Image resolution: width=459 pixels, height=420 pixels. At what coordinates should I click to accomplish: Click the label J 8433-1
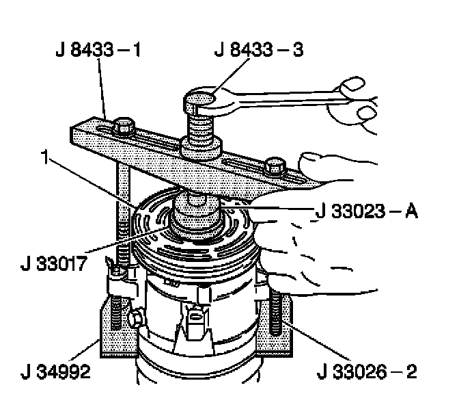click(98, 50)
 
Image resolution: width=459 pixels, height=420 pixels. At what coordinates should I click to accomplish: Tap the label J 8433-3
click(259, 49)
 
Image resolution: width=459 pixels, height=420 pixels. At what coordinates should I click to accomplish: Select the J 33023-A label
click(367, 211)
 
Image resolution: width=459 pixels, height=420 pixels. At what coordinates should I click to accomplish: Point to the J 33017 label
click(54, 263)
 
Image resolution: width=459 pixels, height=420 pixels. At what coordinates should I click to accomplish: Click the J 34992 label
click(55, 371)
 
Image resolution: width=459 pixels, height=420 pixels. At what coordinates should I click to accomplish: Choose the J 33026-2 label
click(367, 371)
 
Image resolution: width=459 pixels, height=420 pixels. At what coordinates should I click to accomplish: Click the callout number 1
click(44, 157)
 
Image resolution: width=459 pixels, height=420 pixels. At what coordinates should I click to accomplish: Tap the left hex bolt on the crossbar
click(124, 127)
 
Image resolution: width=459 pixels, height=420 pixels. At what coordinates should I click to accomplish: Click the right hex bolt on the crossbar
click(275, 166)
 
